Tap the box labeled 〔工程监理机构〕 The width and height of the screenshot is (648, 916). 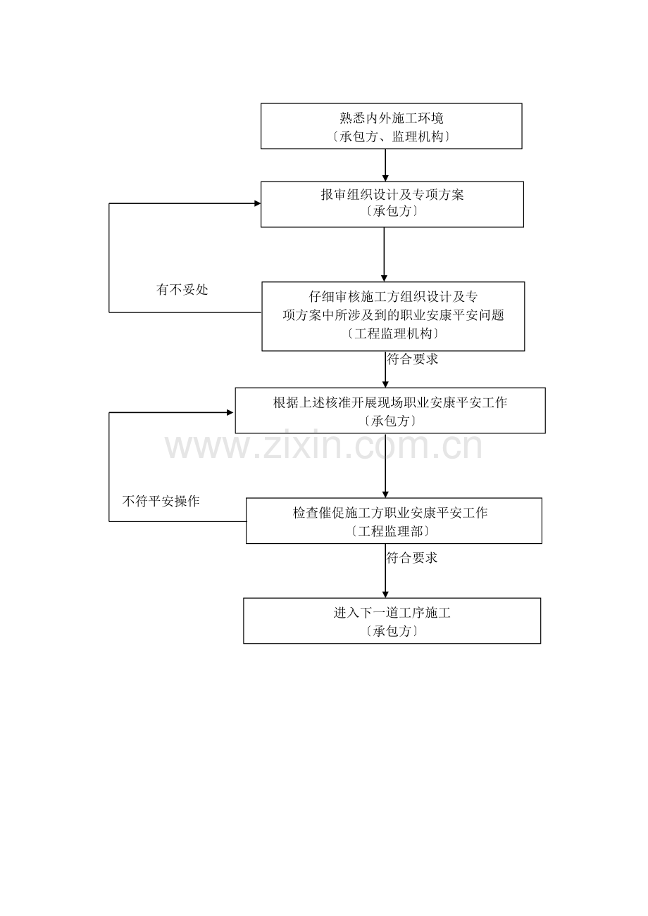click(392, 334)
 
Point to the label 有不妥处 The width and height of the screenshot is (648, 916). click(182, 289)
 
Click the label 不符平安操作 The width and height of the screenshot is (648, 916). click(161, 501)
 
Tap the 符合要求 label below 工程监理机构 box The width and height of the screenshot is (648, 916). click(413, 359)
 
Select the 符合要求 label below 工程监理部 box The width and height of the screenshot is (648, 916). click(412, 558)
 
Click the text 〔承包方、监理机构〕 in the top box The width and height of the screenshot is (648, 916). click(391, 137)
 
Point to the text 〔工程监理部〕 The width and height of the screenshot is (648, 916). click(390, 531)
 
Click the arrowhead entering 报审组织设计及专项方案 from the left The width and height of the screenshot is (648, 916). click(257, 203)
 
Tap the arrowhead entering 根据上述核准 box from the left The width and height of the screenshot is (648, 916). click(230, 413)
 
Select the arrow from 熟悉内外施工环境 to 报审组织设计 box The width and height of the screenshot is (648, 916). click(385, 165)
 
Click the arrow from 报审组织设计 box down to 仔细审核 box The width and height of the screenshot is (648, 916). click(384, 254)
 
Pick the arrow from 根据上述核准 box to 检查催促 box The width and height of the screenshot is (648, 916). click(385, 466)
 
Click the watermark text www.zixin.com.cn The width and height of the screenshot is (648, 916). click(323, 447)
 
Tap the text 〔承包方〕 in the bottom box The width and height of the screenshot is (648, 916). click(392, 631)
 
